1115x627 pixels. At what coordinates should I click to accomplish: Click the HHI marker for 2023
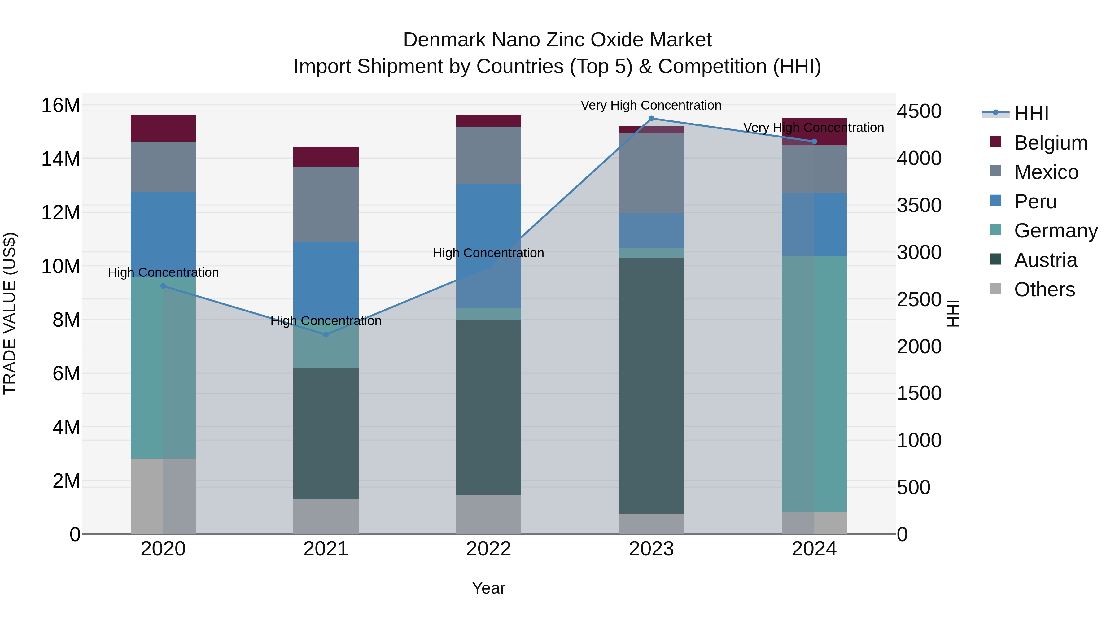(x=651, y=119)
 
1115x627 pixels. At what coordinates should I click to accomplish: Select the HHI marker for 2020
(x=163, y=286)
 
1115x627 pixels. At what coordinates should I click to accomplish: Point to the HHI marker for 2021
(x=326, y=334)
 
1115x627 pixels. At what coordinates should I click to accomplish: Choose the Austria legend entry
(x=1045, y=260)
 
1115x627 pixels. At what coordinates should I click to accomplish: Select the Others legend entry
(x=1044, y=290)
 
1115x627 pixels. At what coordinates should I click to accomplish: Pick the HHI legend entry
(x=1031, y=113)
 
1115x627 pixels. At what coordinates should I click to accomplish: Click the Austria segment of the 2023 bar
(x=651, y=385)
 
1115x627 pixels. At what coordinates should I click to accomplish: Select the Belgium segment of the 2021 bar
(x=326, y=157)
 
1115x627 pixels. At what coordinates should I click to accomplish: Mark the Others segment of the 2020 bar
(x=163, y=496)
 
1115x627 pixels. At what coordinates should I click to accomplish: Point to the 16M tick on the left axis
(x=61, y=106)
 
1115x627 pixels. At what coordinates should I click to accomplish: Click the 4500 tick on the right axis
(x=919, y=111)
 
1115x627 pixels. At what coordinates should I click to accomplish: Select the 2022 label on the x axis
(x=489, y=549)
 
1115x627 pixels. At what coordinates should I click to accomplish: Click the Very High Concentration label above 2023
(x=651, y=105)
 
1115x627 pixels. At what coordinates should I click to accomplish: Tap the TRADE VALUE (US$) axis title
(x=10, y=313)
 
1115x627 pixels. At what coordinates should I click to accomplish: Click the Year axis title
(x=489, y=588)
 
